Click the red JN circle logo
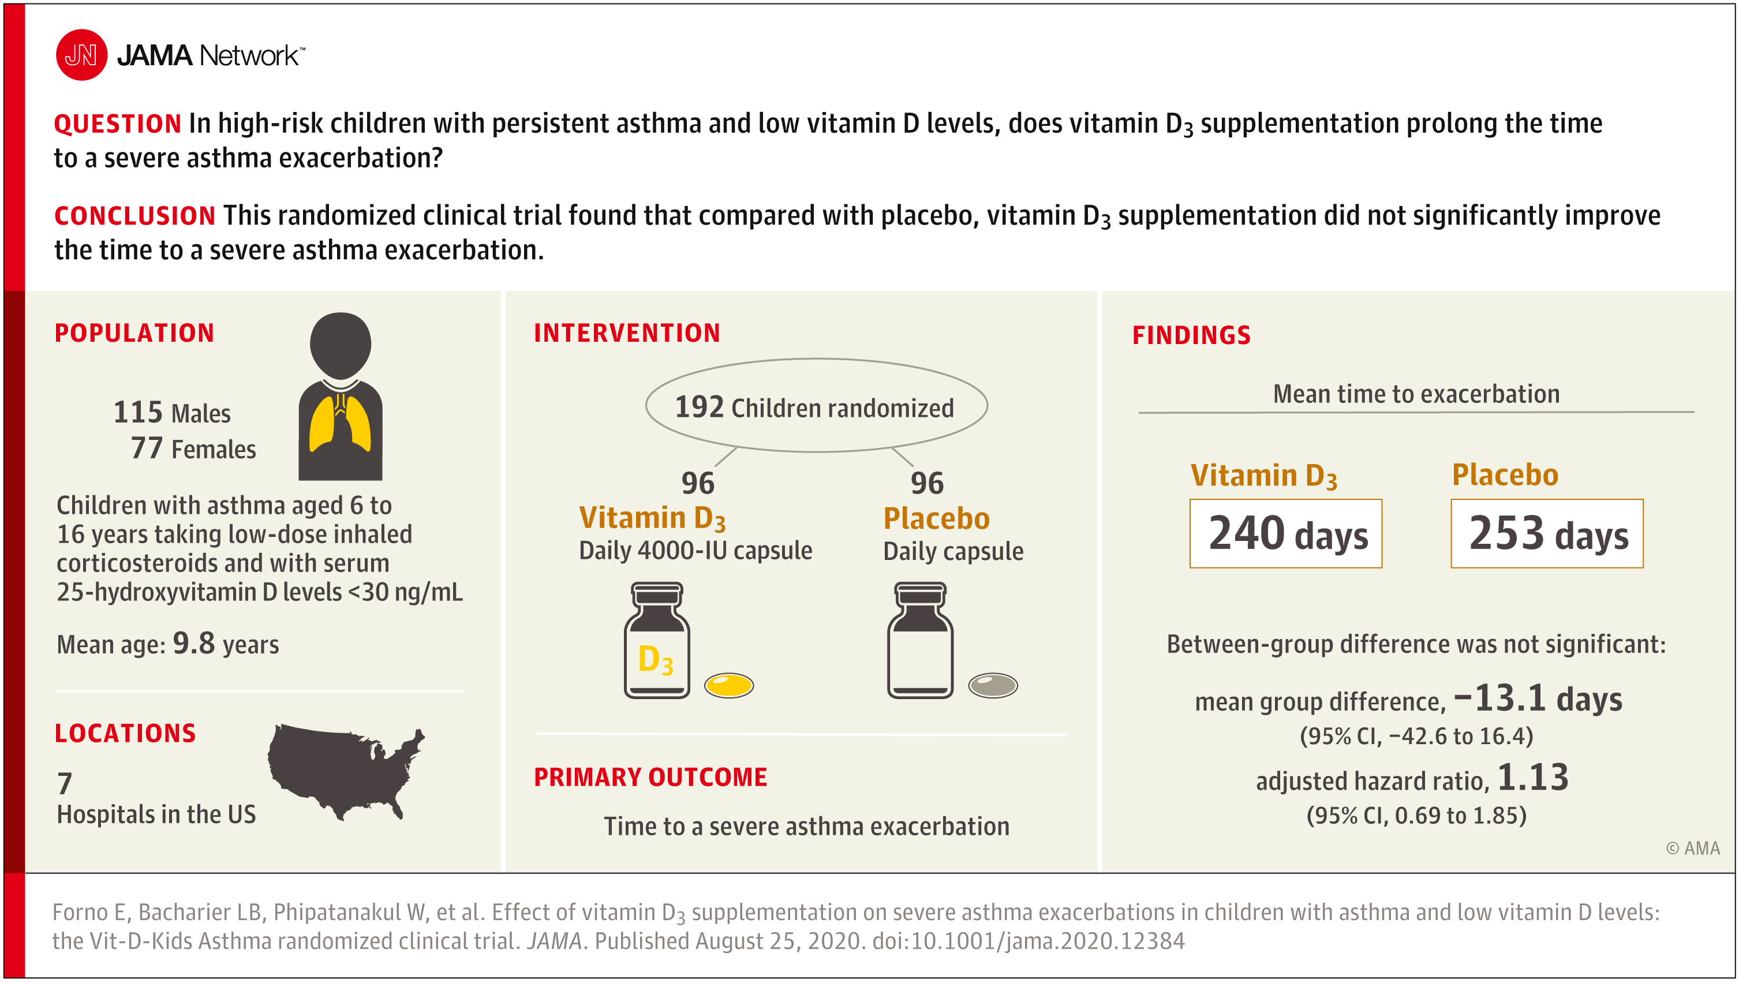(81, 55)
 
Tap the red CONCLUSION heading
(135, 216)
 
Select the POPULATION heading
(134, 333)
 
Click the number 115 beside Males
(139, 412)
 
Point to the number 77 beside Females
(147, 448)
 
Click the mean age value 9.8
(194, 643)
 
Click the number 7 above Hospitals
(64, 783)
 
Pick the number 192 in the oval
(700, 406)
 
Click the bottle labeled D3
(657, 640)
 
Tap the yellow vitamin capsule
(729, 685)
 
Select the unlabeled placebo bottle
(920, 640)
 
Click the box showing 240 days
(1286, 533)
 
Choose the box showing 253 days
(1547, 533)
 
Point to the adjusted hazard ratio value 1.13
(1533, 778)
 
